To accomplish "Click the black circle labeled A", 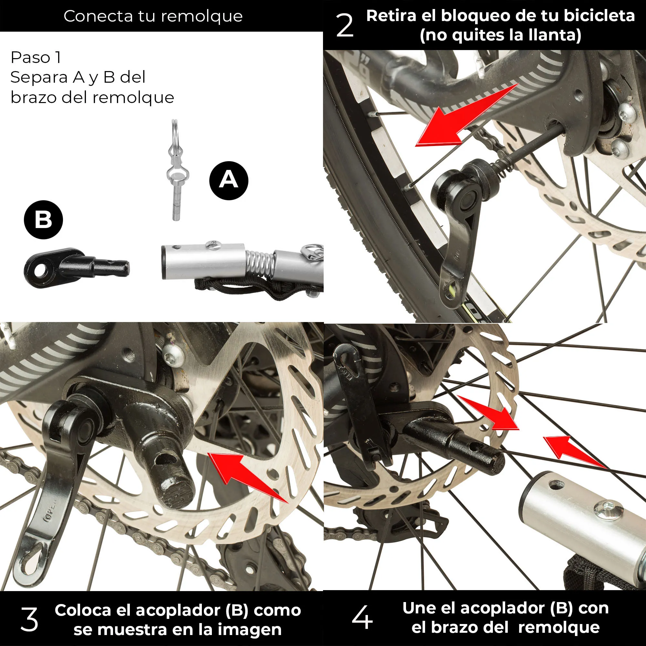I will tap(229, 181).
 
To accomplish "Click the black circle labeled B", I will tap(44, 220).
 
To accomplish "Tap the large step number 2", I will tap(345, 26).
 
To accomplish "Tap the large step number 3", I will tap(29, 619).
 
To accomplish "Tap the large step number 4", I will tap(362, 617).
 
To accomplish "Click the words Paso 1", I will tap(36, 57).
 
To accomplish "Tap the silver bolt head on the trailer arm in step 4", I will tap(608, 510).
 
